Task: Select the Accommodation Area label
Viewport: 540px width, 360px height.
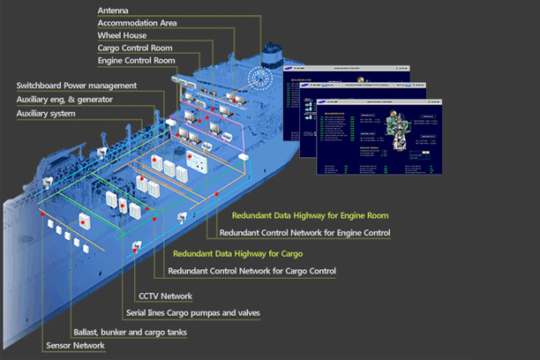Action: coord(137,22)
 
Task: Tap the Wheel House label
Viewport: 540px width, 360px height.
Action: coord(122,34)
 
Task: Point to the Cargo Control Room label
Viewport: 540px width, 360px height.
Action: coord(135,48)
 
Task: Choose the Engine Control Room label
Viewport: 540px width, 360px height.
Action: coord(137,60)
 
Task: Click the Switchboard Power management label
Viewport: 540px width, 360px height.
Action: coord(77,86)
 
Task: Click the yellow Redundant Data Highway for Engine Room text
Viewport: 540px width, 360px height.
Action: coord(310,215)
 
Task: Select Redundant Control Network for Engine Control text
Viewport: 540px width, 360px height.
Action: coord(304,233)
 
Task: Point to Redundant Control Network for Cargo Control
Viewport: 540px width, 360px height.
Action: coord(251,271)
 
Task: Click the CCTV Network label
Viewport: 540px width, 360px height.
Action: coord(165,296)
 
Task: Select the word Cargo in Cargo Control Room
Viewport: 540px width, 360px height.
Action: coord(111,48)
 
